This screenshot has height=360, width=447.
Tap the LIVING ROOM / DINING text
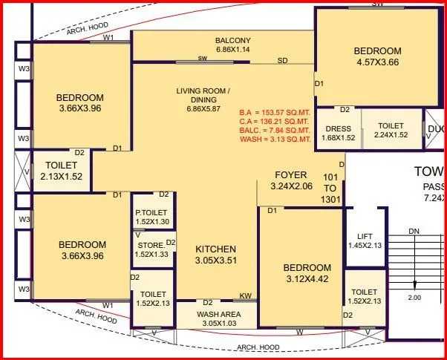coord(208,96)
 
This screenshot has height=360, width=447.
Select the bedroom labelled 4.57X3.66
coord(376,57)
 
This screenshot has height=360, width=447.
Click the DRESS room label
coord(338,128)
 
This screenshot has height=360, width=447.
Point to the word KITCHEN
coord(215,249)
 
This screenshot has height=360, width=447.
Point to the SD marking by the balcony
coord(283,60)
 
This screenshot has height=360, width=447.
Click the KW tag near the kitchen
coord(245,296)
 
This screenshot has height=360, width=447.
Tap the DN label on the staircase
coord(414,232)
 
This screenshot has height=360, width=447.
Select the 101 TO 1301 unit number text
coord(330,189)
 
